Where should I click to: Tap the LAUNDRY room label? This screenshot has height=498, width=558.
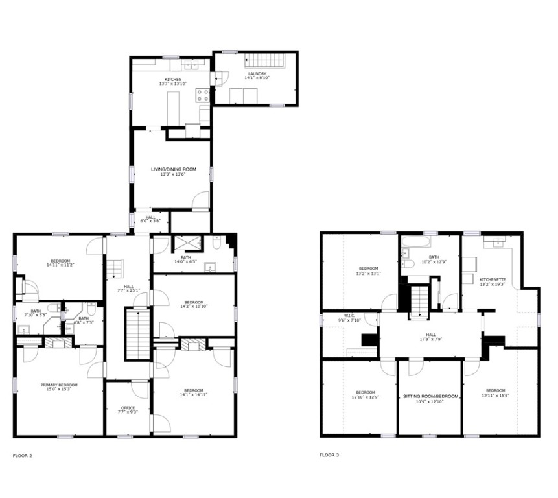coord(256,74)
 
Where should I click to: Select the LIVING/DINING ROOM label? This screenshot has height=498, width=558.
coord(168,169)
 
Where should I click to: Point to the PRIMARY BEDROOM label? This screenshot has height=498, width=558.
coord(59,385)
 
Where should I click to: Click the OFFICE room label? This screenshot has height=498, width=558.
coord(128,408)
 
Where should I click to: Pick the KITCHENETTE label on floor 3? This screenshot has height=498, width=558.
coord(493,279)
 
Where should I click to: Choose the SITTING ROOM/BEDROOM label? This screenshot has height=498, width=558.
coord(431,396)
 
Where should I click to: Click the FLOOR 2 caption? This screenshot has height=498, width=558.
coord(22,455)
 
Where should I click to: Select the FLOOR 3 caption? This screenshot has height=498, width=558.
coord(329,455)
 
